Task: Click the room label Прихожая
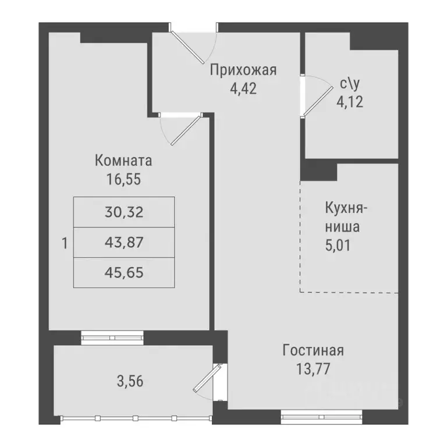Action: [243, 71]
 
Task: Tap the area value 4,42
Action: [243, 88]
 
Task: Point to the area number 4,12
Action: [350, 102]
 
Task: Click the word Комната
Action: [123, 160]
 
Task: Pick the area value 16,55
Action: [123, 178]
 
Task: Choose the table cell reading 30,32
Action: [123, 212]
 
